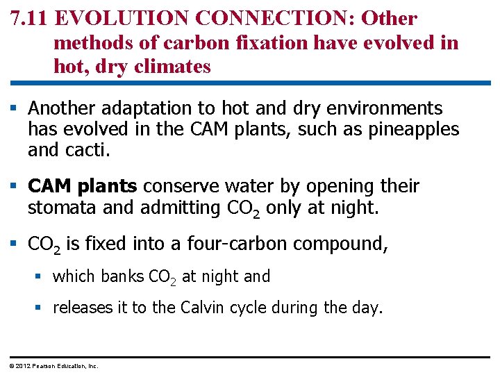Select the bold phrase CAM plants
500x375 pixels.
pyautogui.click(x=83, y=187)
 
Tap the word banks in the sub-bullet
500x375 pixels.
pyautogui.click(x=123, y=276)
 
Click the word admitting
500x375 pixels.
pyautogui.click(x=182, y=208)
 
